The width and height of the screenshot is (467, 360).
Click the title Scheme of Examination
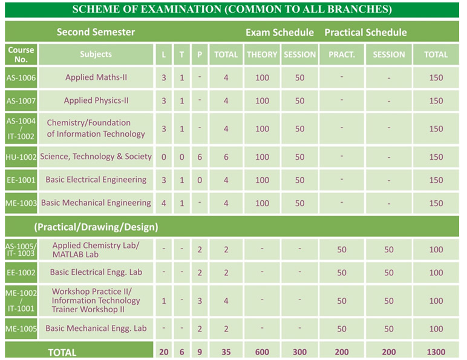(232, 9)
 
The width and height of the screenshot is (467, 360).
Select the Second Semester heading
(96, 32)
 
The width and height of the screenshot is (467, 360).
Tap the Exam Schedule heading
(279, 32)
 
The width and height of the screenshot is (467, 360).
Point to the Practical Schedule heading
(365, 32)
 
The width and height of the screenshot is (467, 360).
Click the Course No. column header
(21, 54)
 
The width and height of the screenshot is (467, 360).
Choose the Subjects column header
(96, 54)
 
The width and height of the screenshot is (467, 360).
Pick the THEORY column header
(262, 54)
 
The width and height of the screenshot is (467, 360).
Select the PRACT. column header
(342, 54)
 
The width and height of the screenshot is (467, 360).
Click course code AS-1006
(21, 78)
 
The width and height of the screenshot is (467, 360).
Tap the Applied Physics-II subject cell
(96, 100)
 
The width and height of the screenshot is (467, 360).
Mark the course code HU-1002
(21, 157)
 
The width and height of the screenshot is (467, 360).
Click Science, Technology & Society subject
(96, 157)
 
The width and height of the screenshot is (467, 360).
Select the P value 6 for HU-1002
(200, 157)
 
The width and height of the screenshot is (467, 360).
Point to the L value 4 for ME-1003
(164, 203)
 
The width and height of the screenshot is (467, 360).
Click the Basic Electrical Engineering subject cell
(96, 180)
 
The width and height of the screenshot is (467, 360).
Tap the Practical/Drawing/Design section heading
(96, 227)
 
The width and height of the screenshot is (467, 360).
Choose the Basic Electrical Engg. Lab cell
(96, 272)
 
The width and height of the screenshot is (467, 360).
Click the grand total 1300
(436, 352)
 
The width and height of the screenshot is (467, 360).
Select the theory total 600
(262, 352)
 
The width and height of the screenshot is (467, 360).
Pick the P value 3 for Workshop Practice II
(200, 301)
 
